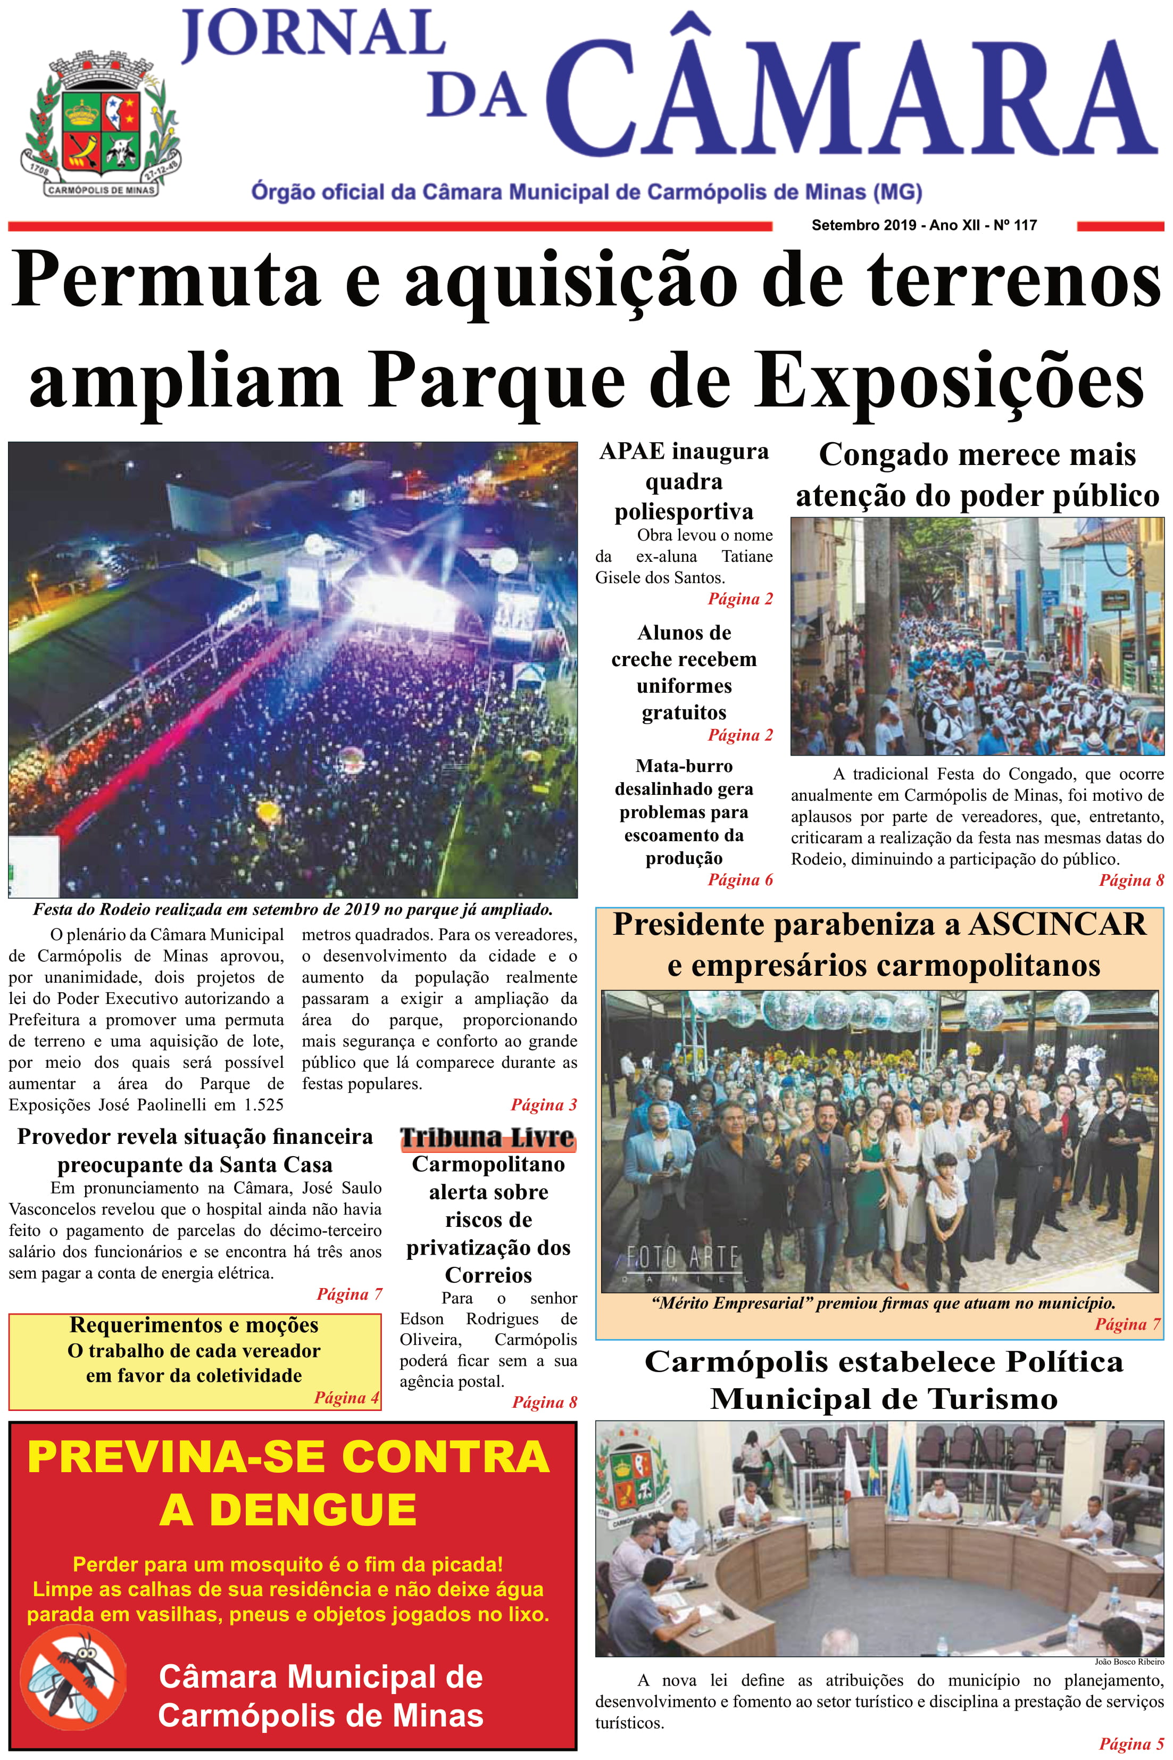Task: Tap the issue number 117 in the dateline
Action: (1025, 225)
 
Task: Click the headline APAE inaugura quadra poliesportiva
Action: (684, 481)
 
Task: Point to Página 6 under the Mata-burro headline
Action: (740, 879)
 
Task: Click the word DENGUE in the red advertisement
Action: (288, 1509)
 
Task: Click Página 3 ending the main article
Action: (544, 1105)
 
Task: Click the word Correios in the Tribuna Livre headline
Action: (488, 1275)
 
